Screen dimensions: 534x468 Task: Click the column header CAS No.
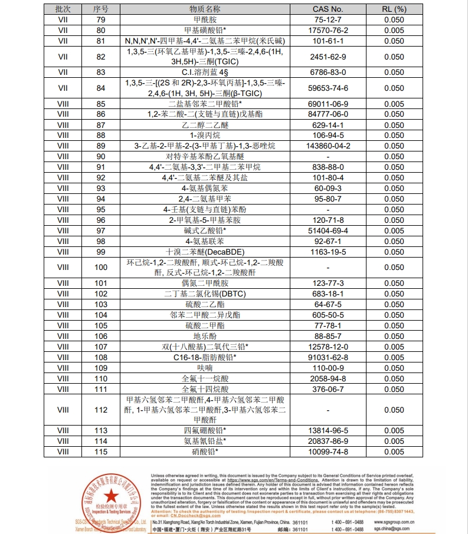(x=328, y=9)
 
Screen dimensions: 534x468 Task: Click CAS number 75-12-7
(x=328, y=19)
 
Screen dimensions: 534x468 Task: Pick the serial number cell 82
(x=101, y=57)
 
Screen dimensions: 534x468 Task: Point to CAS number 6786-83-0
(x=328, y=72)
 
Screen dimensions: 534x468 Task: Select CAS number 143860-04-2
(x=328, y=146)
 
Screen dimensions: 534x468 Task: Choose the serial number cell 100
(x=101, y=268)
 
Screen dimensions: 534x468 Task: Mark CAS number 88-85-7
(x=328, y=336)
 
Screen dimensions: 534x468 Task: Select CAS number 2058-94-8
(x=328, y=378)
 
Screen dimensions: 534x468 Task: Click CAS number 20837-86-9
(x=328, y=441)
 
